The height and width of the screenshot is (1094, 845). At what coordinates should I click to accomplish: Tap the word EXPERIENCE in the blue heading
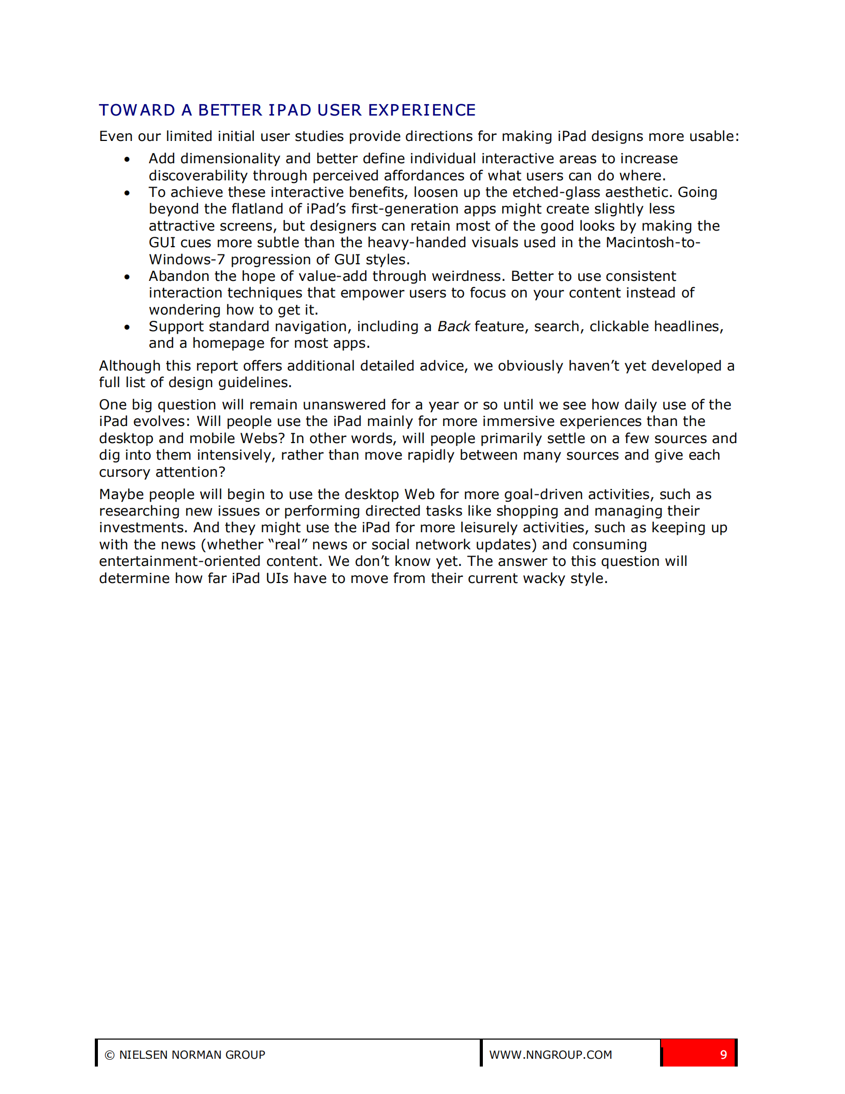tap(422, 110)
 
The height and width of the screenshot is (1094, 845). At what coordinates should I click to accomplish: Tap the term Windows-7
tap(187, 260)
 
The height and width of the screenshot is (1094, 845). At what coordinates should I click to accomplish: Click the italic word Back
tap(453, 326)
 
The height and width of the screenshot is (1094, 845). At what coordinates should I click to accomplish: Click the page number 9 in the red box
tap(723, 1055)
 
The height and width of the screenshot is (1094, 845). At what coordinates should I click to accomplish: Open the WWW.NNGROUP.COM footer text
tap(551, 1055)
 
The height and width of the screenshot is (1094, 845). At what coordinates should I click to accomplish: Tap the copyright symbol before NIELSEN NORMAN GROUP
tap(110, 1055)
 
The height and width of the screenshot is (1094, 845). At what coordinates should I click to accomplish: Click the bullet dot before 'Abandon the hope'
tap(127, 277)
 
